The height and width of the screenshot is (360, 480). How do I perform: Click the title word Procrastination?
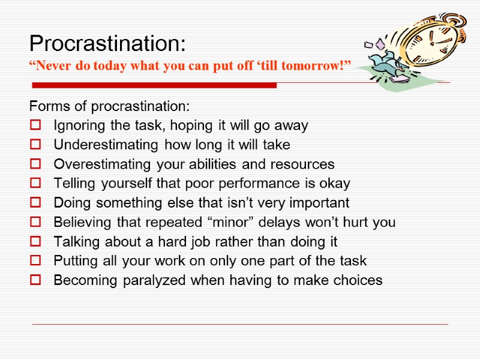pyautogui.click(x=108, y=44)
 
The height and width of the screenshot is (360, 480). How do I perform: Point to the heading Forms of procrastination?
pyautogui.click(x=109, y=107)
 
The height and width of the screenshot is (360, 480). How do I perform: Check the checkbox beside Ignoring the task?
pyautogui.click(x=34, y=126)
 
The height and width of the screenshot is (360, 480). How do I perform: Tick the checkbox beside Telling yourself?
pyautogui.click(x=34, y=184)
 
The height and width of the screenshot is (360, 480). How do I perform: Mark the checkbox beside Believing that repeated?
pyautogui.click(x=34, y=223)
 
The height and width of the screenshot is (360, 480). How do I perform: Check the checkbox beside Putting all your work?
pyautogui.click(x=34, y=261)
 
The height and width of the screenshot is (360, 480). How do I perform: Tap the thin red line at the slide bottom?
pyautogui.click(x=240, y=325)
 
